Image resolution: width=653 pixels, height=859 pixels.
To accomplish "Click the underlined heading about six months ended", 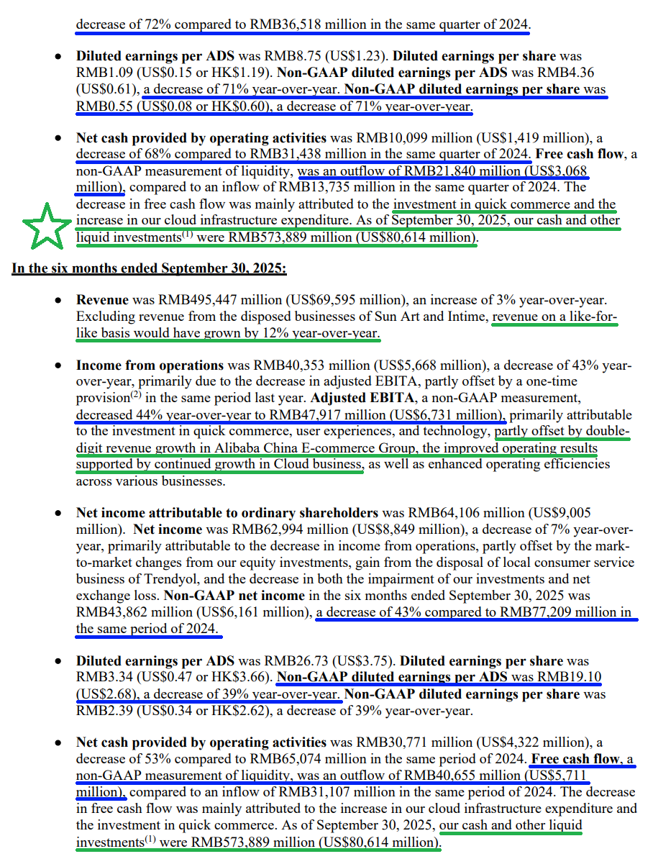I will pos(149,268).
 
